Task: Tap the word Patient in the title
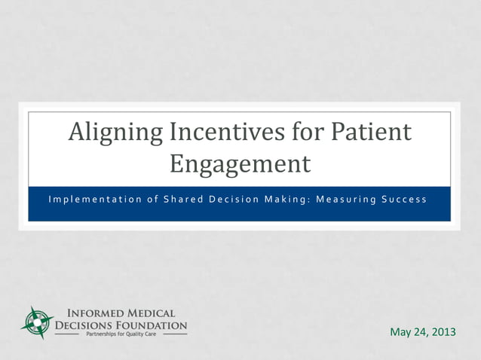point(371,133)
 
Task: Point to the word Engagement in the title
point(240,163)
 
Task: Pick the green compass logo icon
point(35,322)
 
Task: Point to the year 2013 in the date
point(443,332)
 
